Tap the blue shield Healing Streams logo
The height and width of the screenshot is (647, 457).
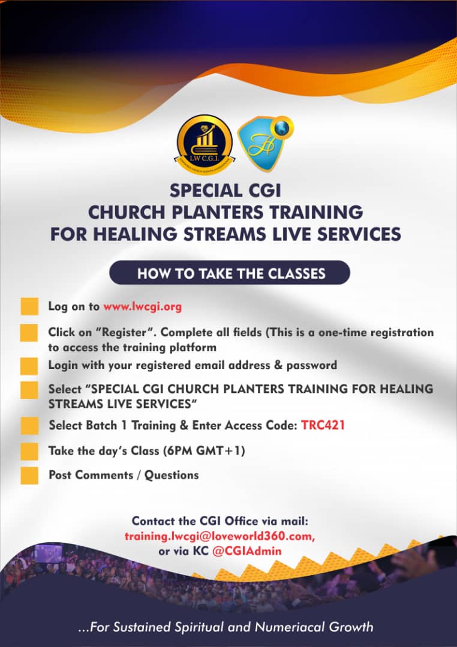pos(265,143)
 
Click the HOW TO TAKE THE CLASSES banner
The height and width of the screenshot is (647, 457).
pos(230,273)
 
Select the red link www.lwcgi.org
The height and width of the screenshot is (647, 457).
pos(143,307)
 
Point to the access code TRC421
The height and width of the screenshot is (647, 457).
pos(323,425)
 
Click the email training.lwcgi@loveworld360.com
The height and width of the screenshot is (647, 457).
pos(220,536)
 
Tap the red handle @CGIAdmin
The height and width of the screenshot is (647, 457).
pos(246,551)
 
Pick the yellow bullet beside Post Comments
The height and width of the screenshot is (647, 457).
pos(29,475)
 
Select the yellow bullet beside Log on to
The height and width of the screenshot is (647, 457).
pos(29,307)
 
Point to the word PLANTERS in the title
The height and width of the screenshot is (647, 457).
pos(217,212)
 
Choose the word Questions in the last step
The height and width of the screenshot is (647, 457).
pos(172,475)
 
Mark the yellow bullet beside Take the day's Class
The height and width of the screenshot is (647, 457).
pos(29,451)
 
